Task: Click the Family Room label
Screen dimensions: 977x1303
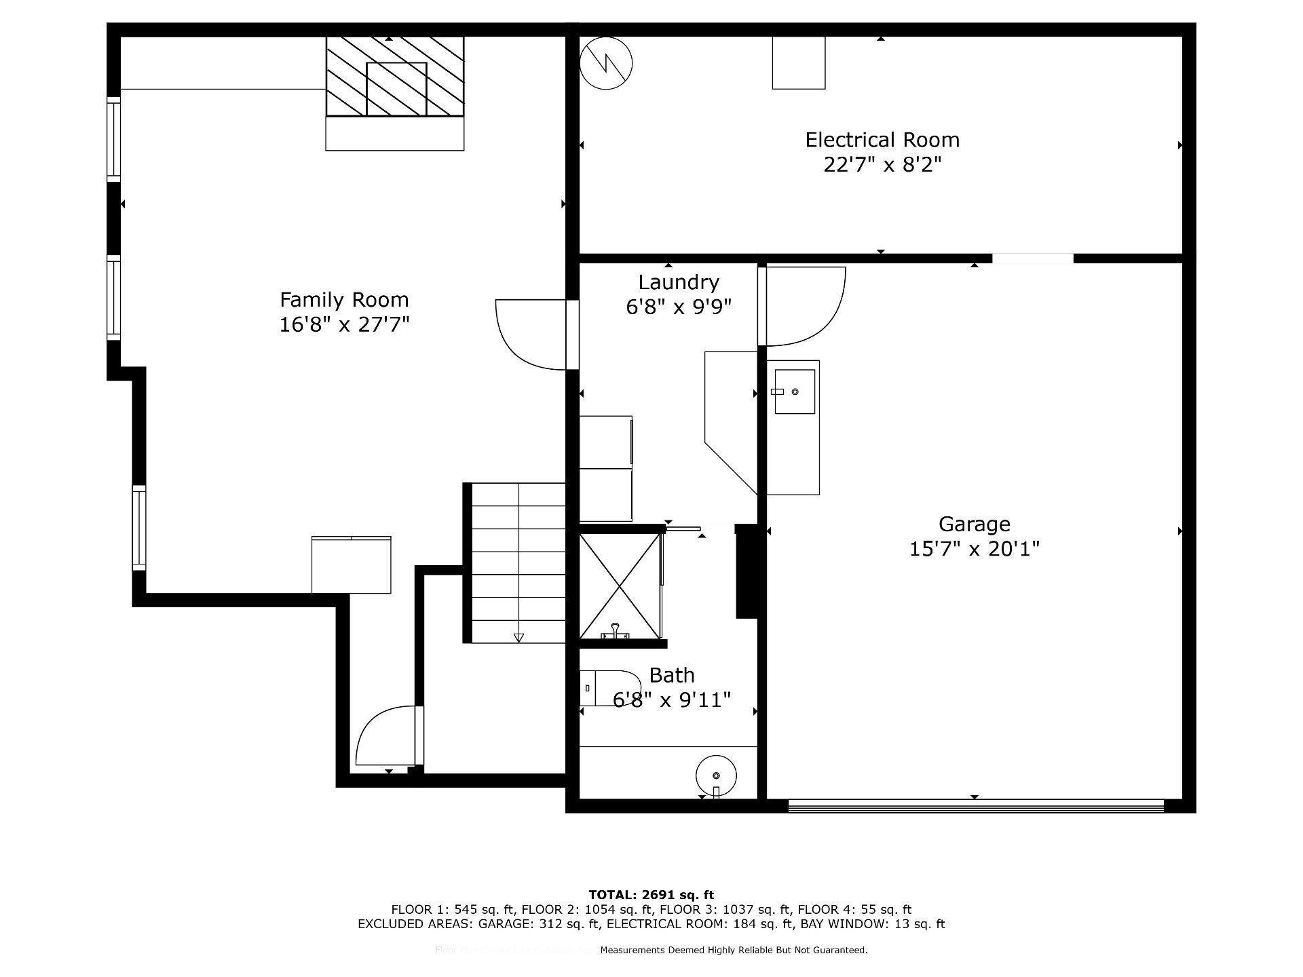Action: (344, 300)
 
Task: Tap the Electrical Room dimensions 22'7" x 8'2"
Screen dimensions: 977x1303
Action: (882, 165)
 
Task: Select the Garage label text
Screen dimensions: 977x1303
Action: (974, 524)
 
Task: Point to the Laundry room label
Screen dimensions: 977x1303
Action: (679, 282)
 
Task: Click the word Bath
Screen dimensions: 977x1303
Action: (672, 675)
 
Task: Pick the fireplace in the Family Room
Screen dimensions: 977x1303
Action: (395, 77)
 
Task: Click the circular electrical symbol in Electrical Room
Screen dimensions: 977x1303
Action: (606, 63)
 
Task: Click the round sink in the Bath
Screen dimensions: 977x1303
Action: (716, 775)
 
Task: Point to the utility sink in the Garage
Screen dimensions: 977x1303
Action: (795, 391)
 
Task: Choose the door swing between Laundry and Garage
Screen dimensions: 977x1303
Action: (804, 306)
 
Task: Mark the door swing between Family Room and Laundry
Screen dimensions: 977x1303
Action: (533, 334)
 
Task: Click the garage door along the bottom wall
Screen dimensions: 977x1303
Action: (975, 806)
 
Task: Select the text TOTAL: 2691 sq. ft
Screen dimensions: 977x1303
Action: (651, 895)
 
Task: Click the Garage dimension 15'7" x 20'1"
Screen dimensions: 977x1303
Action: (974, 548)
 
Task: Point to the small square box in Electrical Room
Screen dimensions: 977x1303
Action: (798, 62)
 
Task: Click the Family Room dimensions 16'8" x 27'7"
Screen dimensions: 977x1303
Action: (344, 325)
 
